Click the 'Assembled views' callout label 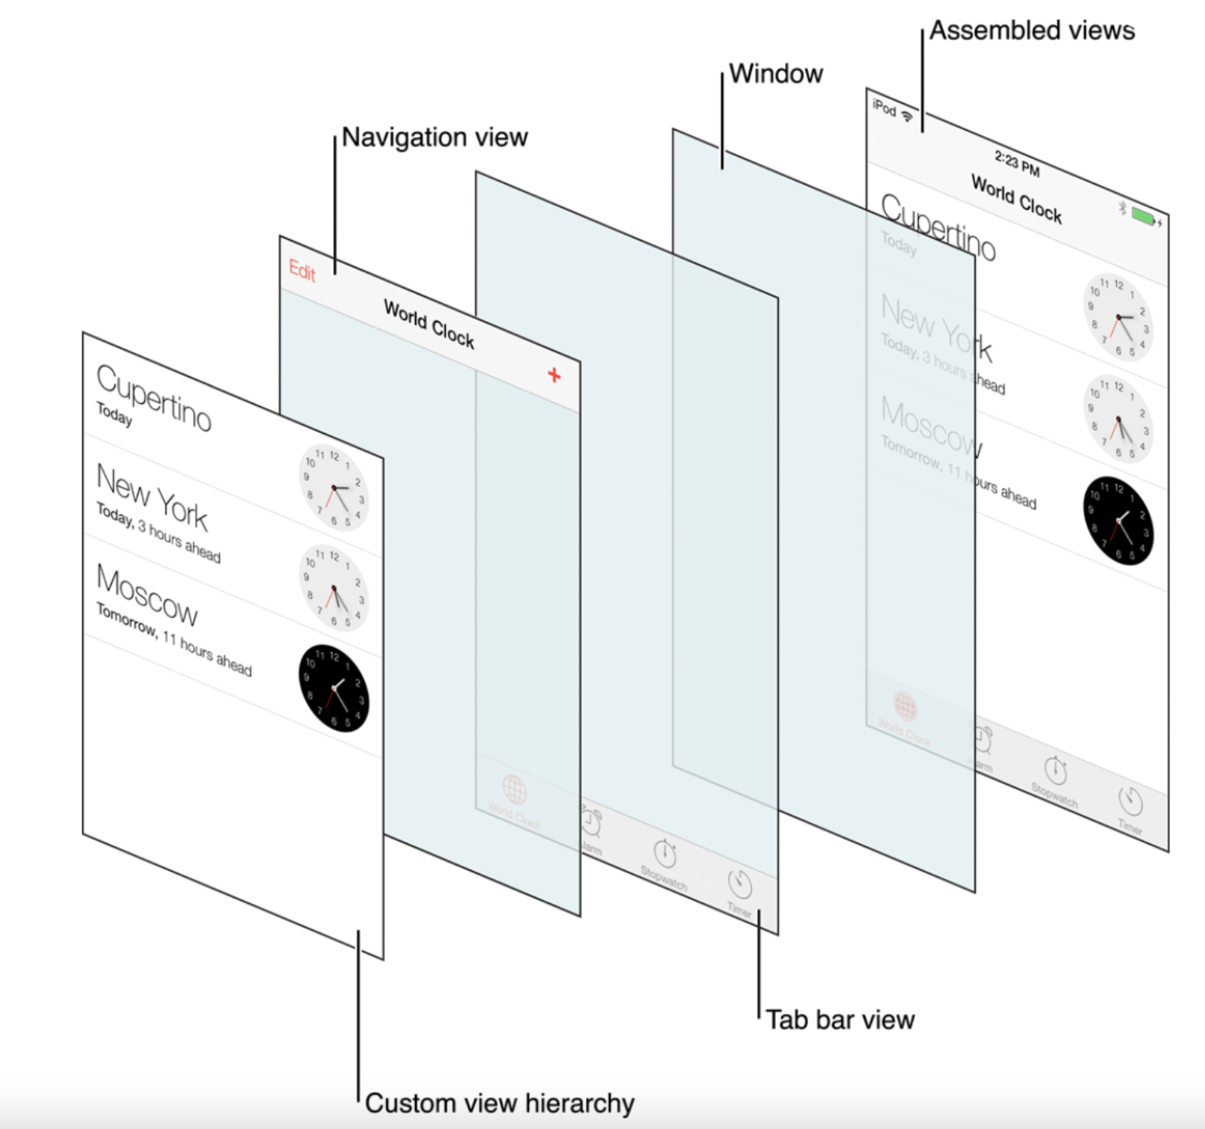(x=1032, y=31)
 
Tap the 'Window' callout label (x=776, y=74)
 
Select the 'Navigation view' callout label (x=435, y=138)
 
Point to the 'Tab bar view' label (x=840, y=1020)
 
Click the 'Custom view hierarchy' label (x=499, y=1103)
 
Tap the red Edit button (x=302, y=272)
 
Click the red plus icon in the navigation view (x=554, y=376)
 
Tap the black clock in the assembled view (x=1118, y=520)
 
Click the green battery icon (x=1143, y=215)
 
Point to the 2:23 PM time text (x=1017, y=164)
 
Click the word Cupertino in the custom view (x=154, y=398)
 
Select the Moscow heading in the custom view (x=146, y=593)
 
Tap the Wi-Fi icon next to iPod (x=907, y=116)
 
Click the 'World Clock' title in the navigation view (x=429, y=324)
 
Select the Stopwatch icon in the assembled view (x=1055, y=771)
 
